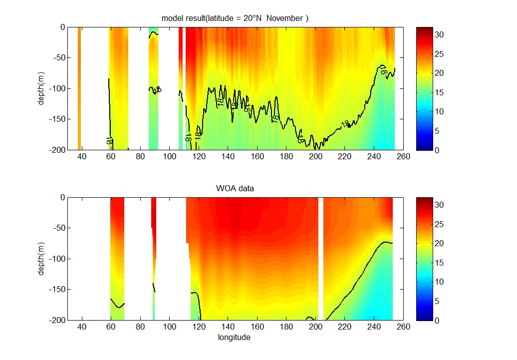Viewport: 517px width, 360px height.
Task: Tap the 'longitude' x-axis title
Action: (234, 337)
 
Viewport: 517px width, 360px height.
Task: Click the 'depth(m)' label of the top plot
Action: (42, 88)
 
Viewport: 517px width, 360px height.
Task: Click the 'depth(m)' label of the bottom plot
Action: (42, 259)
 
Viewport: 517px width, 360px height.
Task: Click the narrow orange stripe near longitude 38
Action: (79, 88)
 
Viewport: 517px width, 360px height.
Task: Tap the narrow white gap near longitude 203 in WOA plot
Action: (321, 259)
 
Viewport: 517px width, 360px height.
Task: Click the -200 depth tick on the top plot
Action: (56, 150)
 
